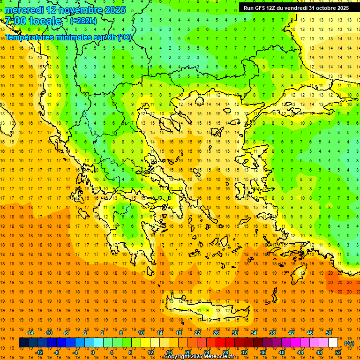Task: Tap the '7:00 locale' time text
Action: [x=33, y=21]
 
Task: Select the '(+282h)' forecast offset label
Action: [x=83, y=21]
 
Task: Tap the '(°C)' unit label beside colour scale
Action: [x=349, y=343]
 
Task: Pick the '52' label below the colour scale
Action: [x=338, y=352]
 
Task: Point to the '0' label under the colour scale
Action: [x=93, y=352]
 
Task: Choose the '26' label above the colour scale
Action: [x=216, y=333]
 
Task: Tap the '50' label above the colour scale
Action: [x=329, y=333]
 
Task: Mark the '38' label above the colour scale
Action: [x=272, y=333]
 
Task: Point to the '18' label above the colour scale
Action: [x=179, y=333]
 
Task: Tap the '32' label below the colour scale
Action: [x=244, y=352]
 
